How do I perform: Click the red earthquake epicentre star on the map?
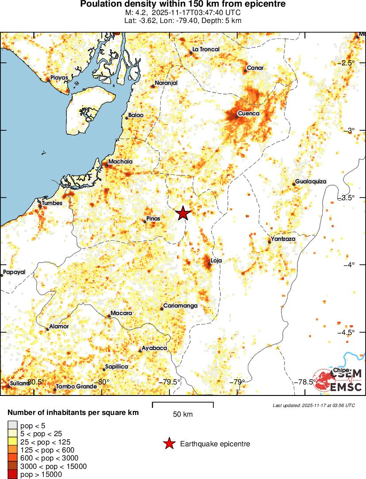tap(183, 213)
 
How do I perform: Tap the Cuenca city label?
tap(248, 114)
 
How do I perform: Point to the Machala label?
tap(120, 162)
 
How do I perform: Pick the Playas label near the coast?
tap(59, 77)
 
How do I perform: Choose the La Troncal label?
tap(206, 49)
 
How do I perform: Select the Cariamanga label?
tap(180, 306)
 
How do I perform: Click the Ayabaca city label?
tap(154, 348)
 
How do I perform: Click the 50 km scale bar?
tap(183, 403)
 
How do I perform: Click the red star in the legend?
tap(169, 444)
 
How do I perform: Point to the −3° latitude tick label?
tap(350, 130)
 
